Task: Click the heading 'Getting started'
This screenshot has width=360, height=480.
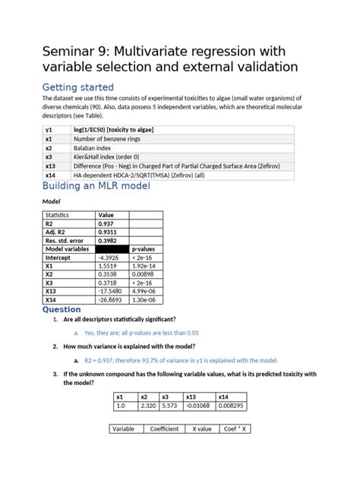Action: point(77,87)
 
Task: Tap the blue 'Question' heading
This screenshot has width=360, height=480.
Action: point(62,309)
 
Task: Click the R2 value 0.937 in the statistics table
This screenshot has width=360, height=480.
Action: point(106,223)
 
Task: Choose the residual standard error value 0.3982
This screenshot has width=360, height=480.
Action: point(108,240)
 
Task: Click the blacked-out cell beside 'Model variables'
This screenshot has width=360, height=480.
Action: point(112,248)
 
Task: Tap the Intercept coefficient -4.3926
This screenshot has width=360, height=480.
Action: point(109,257)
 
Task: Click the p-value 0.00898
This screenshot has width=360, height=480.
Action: point(145,274)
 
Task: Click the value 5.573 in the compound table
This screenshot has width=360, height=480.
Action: point(169,406)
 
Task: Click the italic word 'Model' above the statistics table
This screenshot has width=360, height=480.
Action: point(51,202)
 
